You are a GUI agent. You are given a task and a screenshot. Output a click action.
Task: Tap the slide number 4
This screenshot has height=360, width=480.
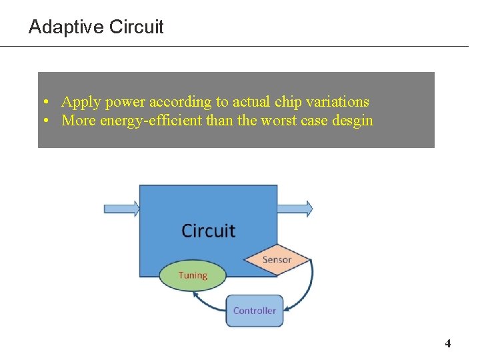coord(448,344)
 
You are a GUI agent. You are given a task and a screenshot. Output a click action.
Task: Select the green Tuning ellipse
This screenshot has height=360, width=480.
coord(193,275)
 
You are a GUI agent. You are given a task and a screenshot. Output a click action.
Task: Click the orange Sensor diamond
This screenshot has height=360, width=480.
coord(277,259)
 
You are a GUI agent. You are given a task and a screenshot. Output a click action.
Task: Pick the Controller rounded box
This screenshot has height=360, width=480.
coord(255,311)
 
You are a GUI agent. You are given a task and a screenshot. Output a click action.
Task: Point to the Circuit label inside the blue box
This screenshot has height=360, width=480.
coord(208,231)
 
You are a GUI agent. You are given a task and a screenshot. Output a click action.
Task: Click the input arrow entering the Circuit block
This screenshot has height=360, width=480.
coord(121,209)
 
